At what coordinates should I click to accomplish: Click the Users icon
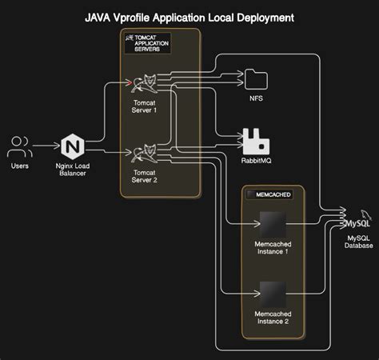pyautogui.click(x=20, y=146)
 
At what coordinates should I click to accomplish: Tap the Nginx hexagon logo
pyautogui.click(x=73, y=146)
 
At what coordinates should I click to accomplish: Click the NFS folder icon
pyautogui.click(x=255, y=78)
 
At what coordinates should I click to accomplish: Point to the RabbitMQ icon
pyautogui.click(x=256, y=140)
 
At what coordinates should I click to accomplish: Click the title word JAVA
pyautogui.click(x=102, y=16)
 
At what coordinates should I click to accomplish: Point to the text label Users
pyautogui.click(x=20, y=166)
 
